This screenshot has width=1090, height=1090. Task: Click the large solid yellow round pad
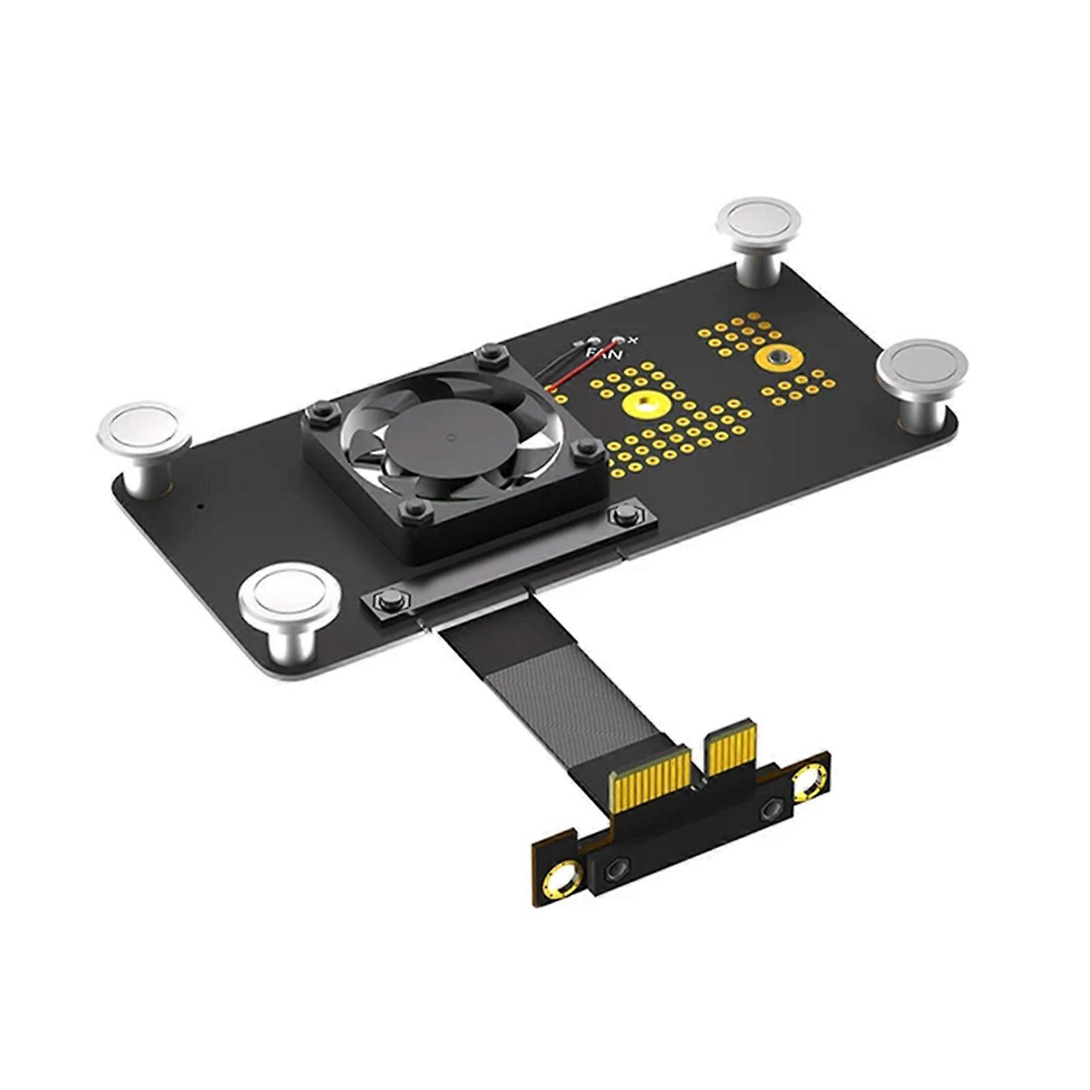[643, 405]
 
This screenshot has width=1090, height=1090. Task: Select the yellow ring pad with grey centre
[775, 357]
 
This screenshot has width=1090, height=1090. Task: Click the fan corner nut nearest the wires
[487, 354]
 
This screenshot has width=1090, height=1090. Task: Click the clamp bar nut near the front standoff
[386, 599]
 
